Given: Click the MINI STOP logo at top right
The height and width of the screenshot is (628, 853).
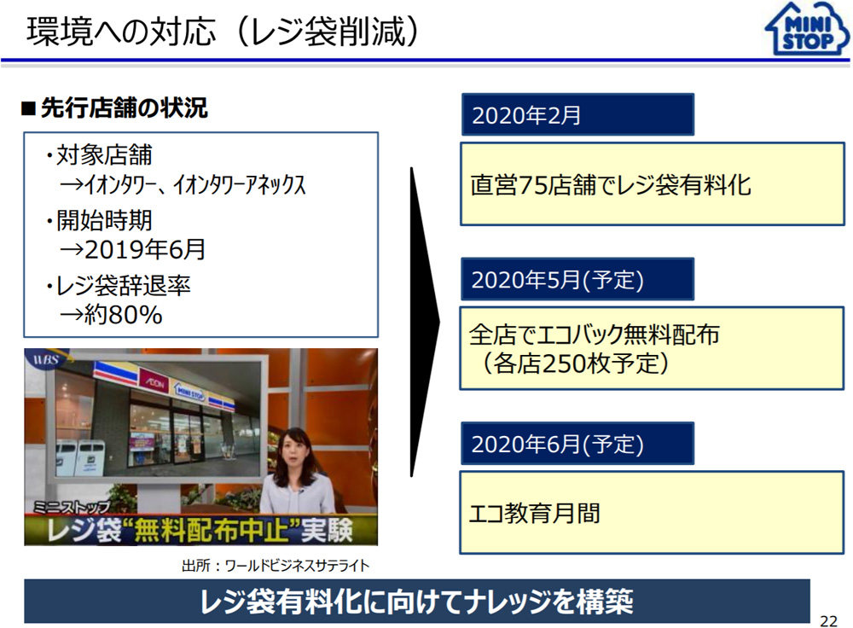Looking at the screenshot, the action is pyautogui.click(x=807, y=29).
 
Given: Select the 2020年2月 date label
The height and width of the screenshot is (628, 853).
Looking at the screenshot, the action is pyautogui.click(x=526, y=115).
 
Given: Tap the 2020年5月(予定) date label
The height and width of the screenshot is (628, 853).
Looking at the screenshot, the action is pyautogui.click(x=558, y=280).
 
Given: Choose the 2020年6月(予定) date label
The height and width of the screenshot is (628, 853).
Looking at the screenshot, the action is pyautogui.click(x=558, y=444).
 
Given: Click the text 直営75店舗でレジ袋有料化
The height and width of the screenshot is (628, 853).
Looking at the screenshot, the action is pyautogui.click(x=611, y=185).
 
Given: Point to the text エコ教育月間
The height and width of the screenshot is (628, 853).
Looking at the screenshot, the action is pyautogui.click(x=534, y=513).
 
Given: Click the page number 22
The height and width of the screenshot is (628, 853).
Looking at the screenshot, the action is pyautogui.click(x=828, y=621).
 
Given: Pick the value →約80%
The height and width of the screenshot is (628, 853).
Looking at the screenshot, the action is pyautogui.click(x=111, y=315).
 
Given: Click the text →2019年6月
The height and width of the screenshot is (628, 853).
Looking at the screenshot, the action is pyautogui.click(x=132, y=250).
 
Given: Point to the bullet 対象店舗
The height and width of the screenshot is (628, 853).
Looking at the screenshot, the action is pyautogui.click(x=98, y=155).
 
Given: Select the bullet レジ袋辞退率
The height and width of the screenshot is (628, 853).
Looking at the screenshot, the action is pyautogui.click(x=118, y=285).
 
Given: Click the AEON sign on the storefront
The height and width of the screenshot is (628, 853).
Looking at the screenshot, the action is pyautogui.click(x=154, y=381).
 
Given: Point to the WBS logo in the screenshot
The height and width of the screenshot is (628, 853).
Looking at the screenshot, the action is pyautogui.click(x=46, y=360).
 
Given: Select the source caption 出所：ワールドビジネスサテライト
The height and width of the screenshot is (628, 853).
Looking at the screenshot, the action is pyautogui.click(x=276, y=566).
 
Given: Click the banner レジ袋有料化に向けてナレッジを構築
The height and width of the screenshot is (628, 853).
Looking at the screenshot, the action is pyautogui.click(x=417, y=602).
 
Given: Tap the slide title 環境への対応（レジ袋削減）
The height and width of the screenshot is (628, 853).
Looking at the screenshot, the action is pyautogui.click(x=223, y=31).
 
